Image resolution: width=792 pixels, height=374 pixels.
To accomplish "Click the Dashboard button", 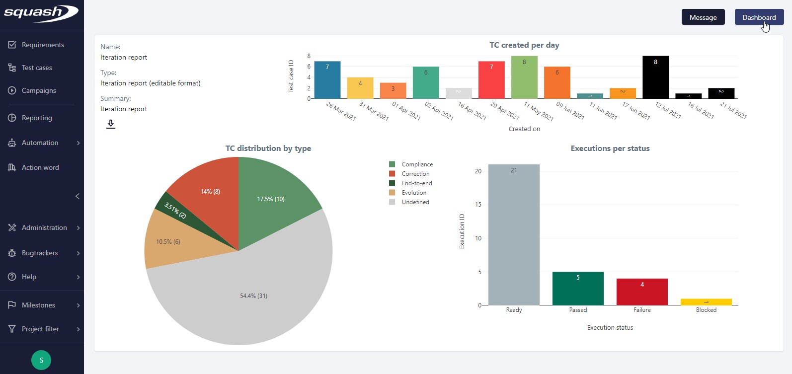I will [x=759, y=17].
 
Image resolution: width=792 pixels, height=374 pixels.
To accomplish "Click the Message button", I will [x=703, y=17].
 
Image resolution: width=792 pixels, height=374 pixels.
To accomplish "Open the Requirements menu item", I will [x=42, y=45].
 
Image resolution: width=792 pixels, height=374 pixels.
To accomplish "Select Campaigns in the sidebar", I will [x=38, y=90].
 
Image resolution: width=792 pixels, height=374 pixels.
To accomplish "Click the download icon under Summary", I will [x=111, y=124].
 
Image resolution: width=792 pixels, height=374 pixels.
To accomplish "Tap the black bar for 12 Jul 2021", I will [x=655, y=77].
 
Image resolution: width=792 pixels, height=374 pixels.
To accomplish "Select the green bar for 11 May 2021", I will [x=524, y=77].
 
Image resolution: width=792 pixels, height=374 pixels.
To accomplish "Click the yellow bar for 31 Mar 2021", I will [x=360, y=88].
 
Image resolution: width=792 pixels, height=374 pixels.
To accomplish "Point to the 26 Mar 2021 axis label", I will [x=341, y=111].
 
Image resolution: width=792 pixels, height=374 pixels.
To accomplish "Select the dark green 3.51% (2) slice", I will [x=174, y=210].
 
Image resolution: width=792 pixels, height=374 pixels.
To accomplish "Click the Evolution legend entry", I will [x=414, y=193].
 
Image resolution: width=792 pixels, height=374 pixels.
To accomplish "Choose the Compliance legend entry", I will [x=417, y=164].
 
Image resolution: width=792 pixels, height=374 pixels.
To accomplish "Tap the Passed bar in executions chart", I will [x=577, y=289].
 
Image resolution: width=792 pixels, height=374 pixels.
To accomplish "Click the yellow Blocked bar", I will [x=706, y=302].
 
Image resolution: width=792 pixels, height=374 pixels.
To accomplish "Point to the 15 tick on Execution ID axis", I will [x=478, y=205].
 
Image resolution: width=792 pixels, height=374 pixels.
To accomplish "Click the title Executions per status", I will [x=610, y=149].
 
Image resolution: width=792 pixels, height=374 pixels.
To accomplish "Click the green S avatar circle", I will [x=41, y=360].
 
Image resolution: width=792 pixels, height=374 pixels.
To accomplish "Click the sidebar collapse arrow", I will [x=77, y=196].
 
